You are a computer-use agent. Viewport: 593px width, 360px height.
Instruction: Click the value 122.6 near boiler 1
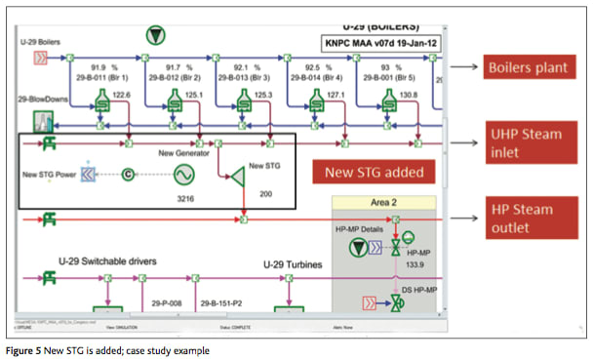(x=121, y=95)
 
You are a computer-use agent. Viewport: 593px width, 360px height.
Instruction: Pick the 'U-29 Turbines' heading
(x=296, y=264)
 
